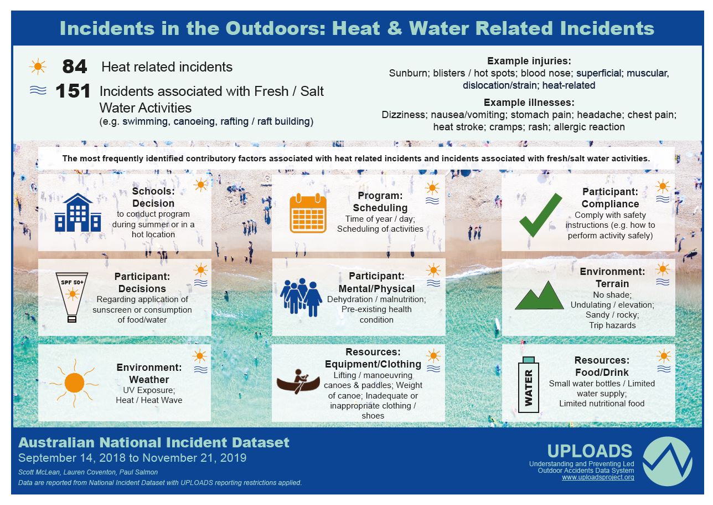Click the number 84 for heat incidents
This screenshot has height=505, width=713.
74,67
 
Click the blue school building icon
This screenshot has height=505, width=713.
77,213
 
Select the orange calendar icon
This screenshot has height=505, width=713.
308,213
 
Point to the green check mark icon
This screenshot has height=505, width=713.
540,215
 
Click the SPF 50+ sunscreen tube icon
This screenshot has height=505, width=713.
71,297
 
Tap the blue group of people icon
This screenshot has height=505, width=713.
301,297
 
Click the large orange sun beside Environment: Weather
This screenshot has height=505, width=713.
74,382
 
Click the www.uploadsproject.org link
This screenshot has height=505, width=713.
598,477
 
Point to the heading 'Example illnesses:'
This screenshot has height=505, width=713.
529,103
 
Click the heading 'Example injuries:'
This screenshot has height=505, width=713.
529,61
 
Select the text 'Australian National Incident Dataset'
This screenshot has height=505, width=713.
154,442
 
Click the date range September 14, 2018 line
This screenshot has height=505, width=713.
132,458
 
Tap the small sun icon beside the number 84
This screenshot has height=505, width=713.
38,67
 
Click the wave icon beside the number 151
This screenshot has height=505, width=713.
38,91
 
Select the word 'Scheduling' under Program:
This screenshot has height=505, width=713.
380,208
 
